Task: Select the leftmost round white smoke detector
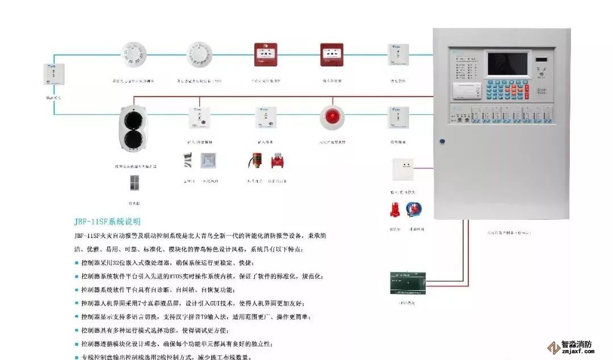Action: pos(135,55)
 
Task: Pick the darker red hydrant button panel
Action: pos(331,55)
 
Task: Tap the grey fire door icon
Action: pos(135,182)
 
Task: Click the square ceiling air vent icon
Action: pos(209,161)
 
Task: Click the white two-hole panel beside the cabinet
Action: pos(403,169)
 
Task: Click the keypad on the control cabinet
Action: pos(501,89)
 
